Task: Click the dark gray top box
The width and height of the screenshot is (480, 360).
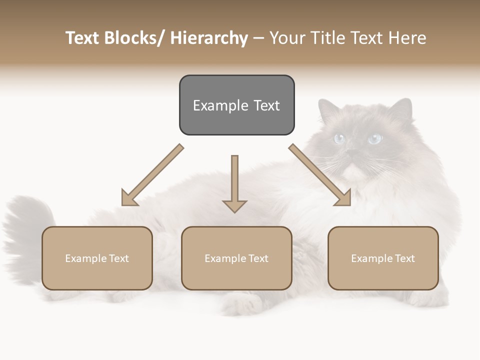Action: (x=236, y=105)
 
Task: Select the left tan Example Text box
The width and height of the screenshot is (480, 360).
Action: (x=97, y=258)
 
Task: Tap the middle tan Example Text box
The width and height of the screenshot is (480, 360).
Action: (x=236, y=258)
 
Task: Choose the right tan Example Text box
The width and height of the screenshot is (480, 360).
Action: (x=383, y=258)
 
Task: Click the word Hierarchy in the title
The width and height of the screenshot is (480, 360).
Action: (x=209, y=38)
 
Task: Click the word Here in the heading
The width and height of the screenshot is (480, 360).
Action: (x=407, y=38)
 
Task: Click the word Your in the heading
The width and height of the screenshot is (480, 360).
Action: (x=285, y=38)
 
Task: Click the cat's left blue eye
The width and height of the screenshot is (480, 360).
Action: (x=340, y=138)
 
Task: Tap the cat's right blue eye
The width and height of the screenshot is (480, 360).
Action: (x=374, y=138)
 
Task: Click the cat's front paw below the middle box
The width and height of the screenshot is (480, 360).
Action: (x=240, y=302)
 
